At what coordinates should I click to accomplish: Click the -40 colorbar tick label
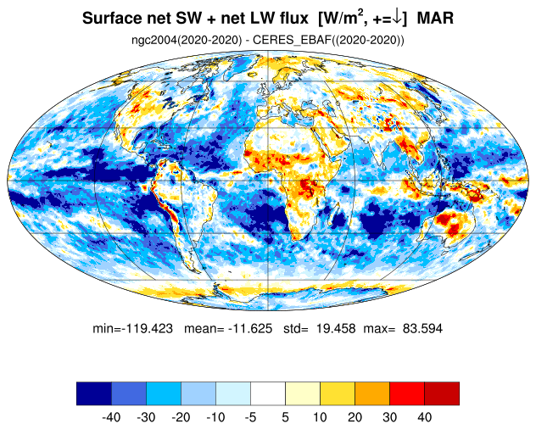pos(111,417)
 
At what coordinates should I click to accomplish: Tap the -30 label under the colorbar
pos(146,417)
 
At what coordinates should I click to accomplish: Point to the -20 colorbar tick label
pos(181,417)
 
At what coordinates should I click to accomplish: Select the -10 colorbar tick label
pos(215,417)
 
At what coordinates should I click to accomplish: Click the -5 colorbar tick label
pos(250,417)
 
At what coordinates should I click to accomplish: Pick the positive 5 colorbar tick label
pos(286,417)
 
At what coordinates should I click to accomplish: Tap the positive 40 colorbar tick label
pos(424,417)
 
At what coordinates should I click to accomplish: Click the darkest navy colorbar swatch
pos(94,393)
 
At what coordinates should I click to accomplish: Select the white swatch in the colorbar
pos(268,393)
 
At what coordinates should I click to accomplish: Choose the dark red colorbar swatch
pos(442,393)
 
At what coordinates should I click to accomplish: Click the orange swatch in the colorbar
pos(372,393)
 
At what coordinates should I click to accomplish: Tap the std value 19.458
pos(335,328)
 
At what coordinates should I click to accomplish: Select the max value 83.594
pos(422,328)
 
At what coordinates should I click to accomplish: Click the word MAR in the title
pos(435,18)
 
